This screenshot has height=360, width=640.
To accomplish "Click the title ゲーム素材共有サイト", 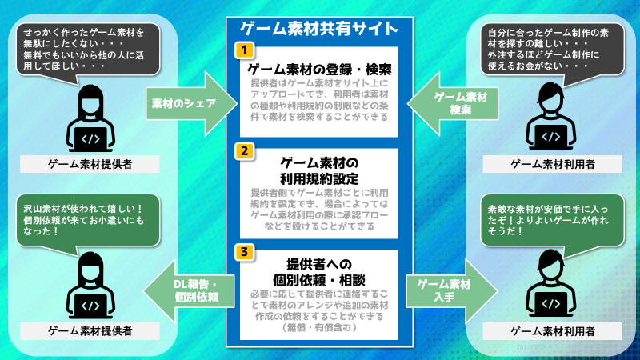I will [319, 29].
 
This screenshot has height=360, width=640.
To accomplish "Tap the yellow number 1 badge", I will [242, 50].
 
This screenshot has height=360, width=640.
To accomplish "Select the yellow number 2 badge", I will [242, 150].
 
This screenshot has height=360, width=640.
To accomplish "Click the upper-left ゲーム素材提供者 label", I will [89, 165].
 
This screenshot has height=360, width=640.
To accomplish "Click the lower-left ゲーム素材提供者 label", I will [89, 330].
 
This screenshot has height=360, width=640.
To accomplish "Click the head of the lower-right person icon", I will [551, 263].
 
